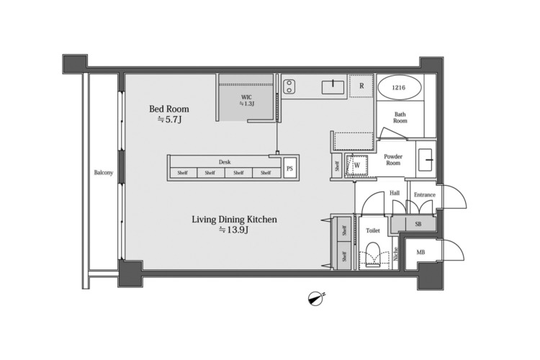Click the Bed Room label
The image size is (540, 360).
coord(169,109)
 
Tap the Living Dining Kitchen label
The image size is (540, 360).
coord(234,220)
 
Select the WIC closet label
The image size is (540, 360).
coord(246,97)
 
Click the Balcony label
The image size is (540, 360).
coord(104,173)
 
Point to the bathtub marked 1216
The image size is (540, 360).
coord(400,88)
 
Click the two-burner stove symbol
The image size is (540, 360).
coord(289,86)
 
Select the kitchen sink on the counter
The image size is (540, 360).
coord(333,87)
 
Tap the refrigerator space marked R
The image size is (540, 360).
coord(361,86)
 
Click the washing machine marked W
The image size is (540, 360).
coord(356,166)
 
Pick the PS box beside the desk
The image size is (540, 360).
coord(289,168)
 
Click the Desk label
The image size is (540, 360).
coord(225,162)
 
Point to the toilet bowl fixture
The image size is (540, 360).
coord(372,255)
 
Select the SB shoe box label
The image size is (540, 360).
coord(418,224)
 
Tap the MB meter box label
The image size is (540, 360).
coord(420,253)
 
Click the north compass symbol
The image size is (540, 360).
coord(316,299)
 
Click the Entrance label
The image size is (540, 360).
coord(425,194)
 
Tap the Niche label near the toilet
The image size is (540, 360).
coord(395,253)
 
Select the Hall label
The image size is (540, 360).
coord(395,193)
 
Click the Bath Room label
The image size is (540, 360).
coord(400,117)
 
